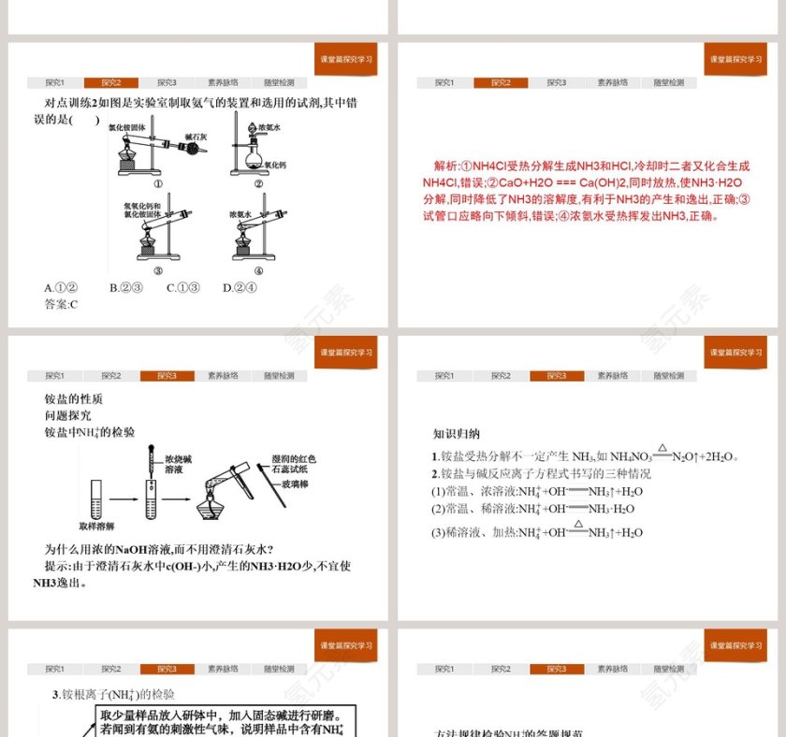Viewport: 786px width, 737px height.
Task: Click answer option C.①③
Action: [182, 288]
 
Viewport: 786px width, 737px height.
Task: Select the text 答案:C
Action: [62, 304]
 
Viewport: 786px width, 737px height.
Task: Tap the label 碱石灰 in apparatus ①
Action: [196, 137]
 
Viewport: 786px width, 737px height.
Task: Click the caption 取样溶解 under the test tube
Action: [95, 527]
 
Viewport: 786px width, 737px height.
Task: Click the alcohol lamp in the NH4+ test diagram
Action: [217, 506]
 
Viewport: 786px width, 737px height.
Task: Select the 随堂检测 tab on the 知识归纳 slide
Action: [668, 376]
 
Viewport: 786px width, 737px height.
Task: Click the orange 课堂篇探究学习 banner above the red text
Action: [735, 59]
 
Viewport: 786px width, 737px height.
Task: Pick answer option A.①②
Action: [61, 288]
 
